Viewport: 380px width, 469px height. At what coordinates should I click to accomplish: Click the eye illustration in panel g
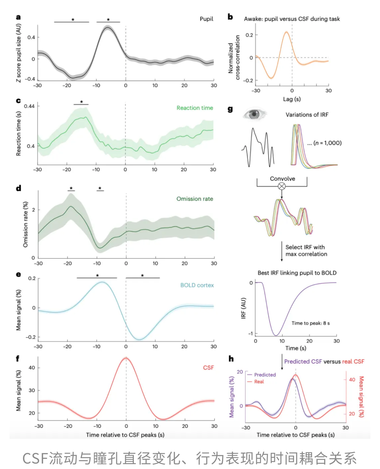click(x=254, y=114)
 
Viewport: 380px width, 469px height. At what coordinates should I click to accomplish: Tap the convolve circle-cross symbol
click(x=282, y=186)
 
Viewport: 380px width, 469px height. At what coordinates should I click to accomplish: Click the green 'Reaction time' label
click(x=195, y=108)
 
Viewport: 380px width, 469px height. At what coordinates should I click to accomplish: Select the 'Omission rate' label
click(x=195, y=199)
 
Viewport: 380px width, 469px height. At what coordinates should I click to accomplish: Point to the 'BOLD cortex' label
click(x=197, y=285)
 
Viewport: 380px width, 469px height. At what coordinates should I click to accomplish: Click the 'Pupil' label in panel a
click(x=206, y=19)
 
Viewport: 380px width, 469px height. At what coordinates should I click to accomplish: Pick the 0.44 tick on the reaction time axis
click(x=29, y=106)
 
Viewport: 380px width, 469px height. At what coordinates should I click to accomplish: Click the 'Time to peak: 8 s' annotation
click(x=311, y=323)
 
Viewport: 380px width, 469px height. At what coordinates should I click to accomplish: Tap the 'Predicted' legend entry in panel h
click(x=265, y=375)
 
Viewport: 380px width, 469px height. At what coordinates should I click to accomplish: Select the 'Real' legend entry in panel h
click(x=259, y=382)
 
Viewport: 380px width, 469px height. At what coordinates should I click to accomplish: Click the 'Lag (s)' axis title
click(x=292, y=99)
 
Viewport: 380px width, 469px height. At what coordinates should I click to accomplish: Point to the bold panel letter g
click(x=230, y=109)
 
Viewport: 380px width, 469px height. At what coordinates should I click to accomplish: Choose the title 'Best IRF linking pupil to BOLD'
click(x=297, y=273)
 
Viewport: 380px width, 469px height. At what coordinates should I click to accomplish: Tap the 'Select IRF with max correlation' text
click(x=306, y=251)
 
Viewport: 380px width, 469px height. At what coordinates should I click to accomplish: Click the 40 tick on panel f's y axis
click(x=32, y=368)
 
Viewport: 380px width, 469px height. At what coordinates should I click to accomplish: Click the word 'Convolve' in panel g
click(x=282, y=179)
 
